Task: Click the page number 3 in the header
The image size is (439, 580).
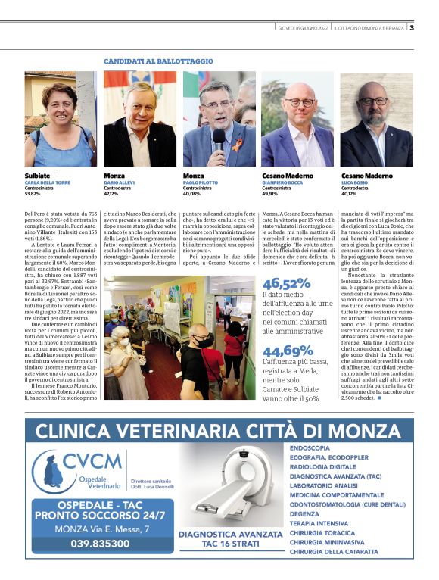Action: pos(411,28)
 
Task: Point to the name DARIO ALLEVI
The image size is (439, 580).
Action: pos(122,182)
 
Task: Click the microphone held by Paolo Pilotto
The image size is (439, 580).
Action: pos(218,141)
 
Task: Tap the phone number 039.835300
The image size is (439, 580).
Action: pos(99,543)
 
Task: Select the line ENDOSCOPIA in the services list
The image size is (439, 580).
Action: pos(310,447)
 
